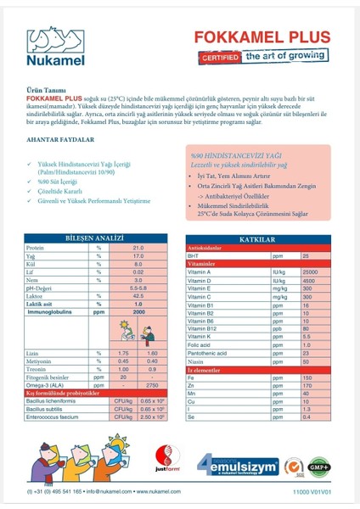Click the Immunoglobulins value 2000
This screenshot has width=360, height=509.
coord(138,311)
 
